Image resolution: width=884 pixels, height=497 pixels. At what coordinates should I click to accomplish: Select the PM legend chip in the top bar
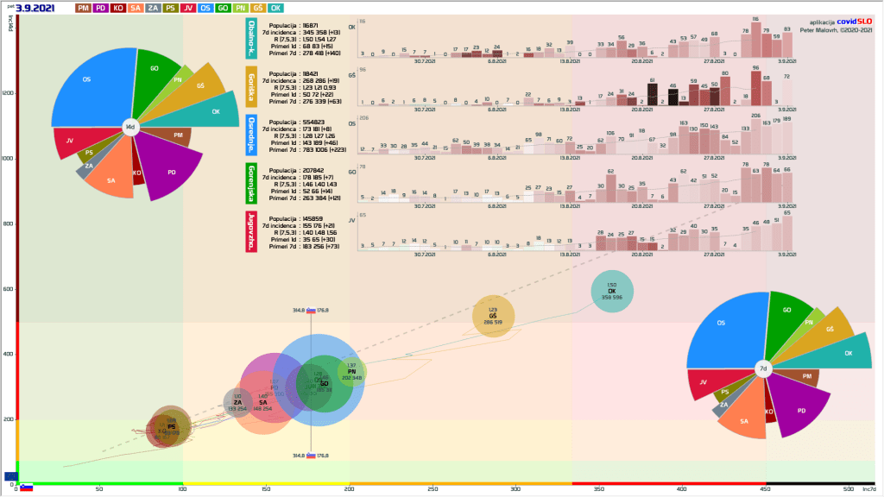(83, 8)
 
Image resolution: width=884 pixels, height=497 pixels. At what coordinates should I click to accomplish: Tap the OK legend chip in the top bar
(275, 8)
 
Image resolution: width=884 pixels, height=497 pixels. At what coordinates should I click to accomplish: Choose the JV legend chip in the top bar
(189, 8)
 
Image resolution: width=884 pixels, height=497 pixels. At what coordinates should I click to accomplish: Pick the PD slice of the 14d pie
(168, 168)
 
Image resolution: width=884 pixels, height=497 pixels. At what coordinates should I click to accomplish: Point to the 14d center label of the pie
(130, 127)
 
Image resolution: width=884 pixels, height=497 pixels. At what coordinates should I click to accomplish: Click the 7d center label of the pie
(762, 368)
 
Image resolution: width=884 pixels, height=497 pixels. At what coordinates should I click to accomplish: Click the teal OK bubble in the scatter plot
(611, 293)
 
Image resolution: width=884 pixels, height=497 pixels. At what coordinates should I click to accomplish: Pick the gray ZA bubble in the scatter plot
(237, 402)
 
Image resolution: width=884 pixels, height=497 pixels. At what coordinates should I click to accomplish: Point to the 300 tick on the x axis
(515, 489)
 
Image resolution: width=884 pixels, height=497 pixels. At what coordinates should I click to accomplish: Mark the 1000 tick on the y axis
(7, 159)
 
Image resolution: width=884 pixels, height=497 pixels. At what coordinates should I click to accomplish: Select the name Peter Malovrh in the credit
(825, 30)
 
